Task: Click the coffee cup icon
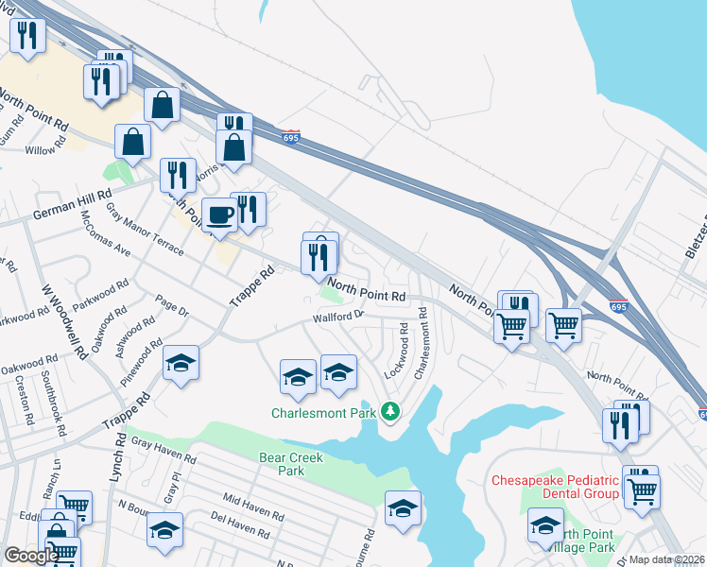tap(220, 215)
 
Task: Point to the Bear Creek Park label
tap(291, 464)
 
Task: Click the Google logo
tap(29, 556)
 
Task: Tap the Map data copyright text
tap(666, 559)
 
